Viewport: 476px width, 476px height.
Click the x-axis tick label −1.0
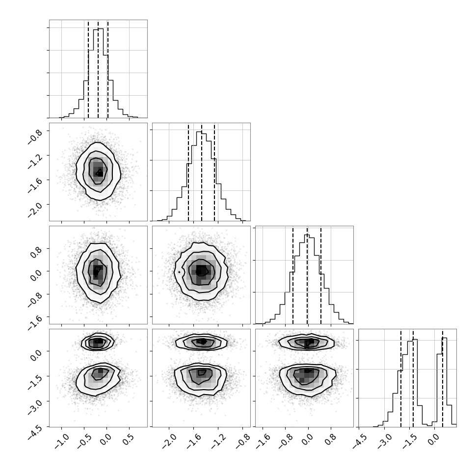pos(63,441)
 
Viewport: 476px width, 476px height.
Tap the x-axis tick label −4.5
pos(360,441)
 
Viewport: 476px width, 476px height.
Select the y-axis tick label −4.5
pos(35,432)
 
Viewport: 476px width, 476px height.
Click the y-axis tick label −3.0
pos(35,407)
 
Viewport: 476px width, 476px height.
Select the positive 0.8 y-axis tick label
pos(36,252)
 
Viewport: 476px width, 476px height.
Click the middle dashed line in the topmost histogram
pos(98,69)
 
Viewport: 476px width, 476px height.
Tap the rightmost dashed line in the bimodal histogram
pos(442,378)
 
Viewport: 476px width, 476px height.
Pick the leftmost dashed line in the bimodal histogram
pos(401,378)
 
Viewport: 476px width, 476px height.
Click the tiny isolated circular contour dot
pos(179,272)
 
